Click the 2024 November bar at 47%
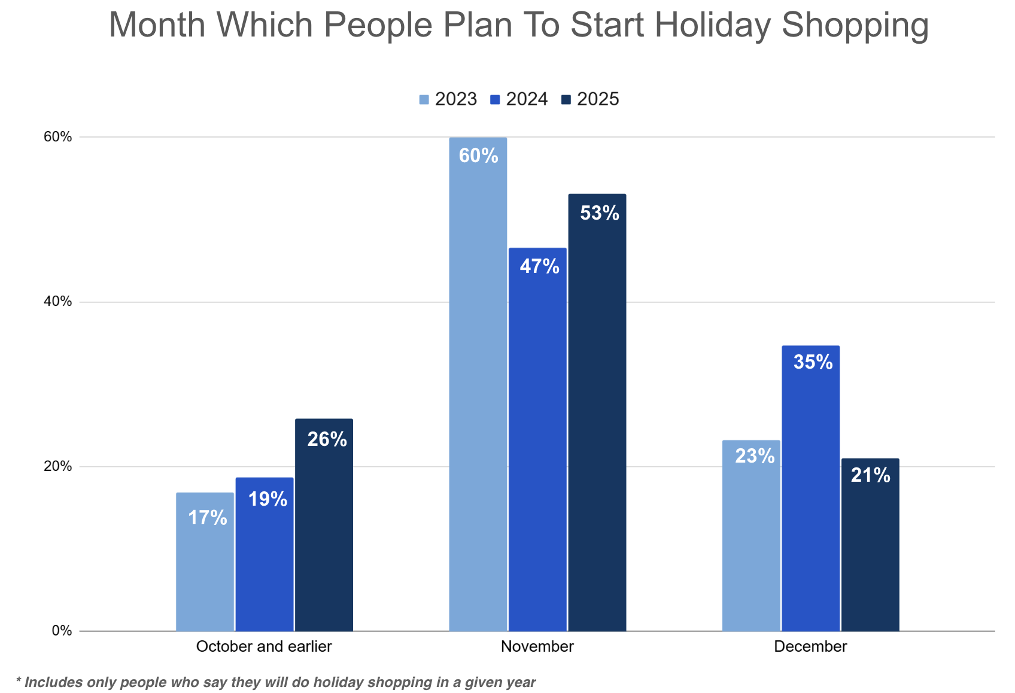(537, 439)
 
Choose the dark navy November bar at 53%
(597, 412)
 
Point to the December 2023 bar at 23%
(751, 535)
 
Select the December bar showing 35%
(810, 488)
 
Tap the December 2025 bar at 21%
(870, 544)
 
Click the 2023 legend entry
(448, 99)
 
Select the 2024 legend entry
(519, 99)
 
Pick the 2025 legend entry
(590, 99)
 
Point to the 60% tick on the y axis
(57, 137)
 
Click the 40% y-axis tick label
(57, 302)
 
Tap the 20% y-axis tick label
(57, 466)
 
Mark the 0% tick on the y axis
(62, 631)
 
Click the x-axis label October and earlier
(264, 647)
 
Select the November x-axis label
(537, 647)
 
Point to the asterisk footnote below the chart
(276, 682)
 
